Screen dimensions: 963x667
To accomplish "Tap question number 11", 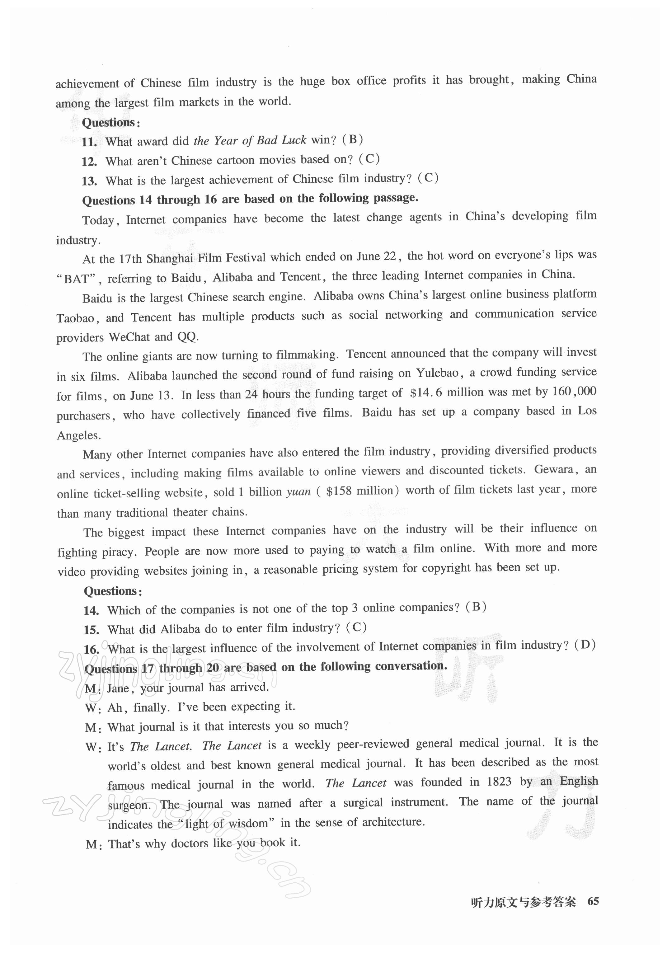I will point(89,142).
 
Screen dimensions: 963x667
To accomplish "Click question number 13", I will point(89,181).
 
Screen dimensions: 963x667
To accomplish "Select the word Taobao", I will point(76,318).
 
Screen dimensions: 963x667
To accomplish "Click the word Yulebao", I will point(437,373).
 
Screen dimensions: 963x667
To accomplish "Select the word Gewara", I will point(553,469).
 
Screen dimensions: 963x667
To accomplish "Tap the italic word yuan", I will point(299,491).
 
